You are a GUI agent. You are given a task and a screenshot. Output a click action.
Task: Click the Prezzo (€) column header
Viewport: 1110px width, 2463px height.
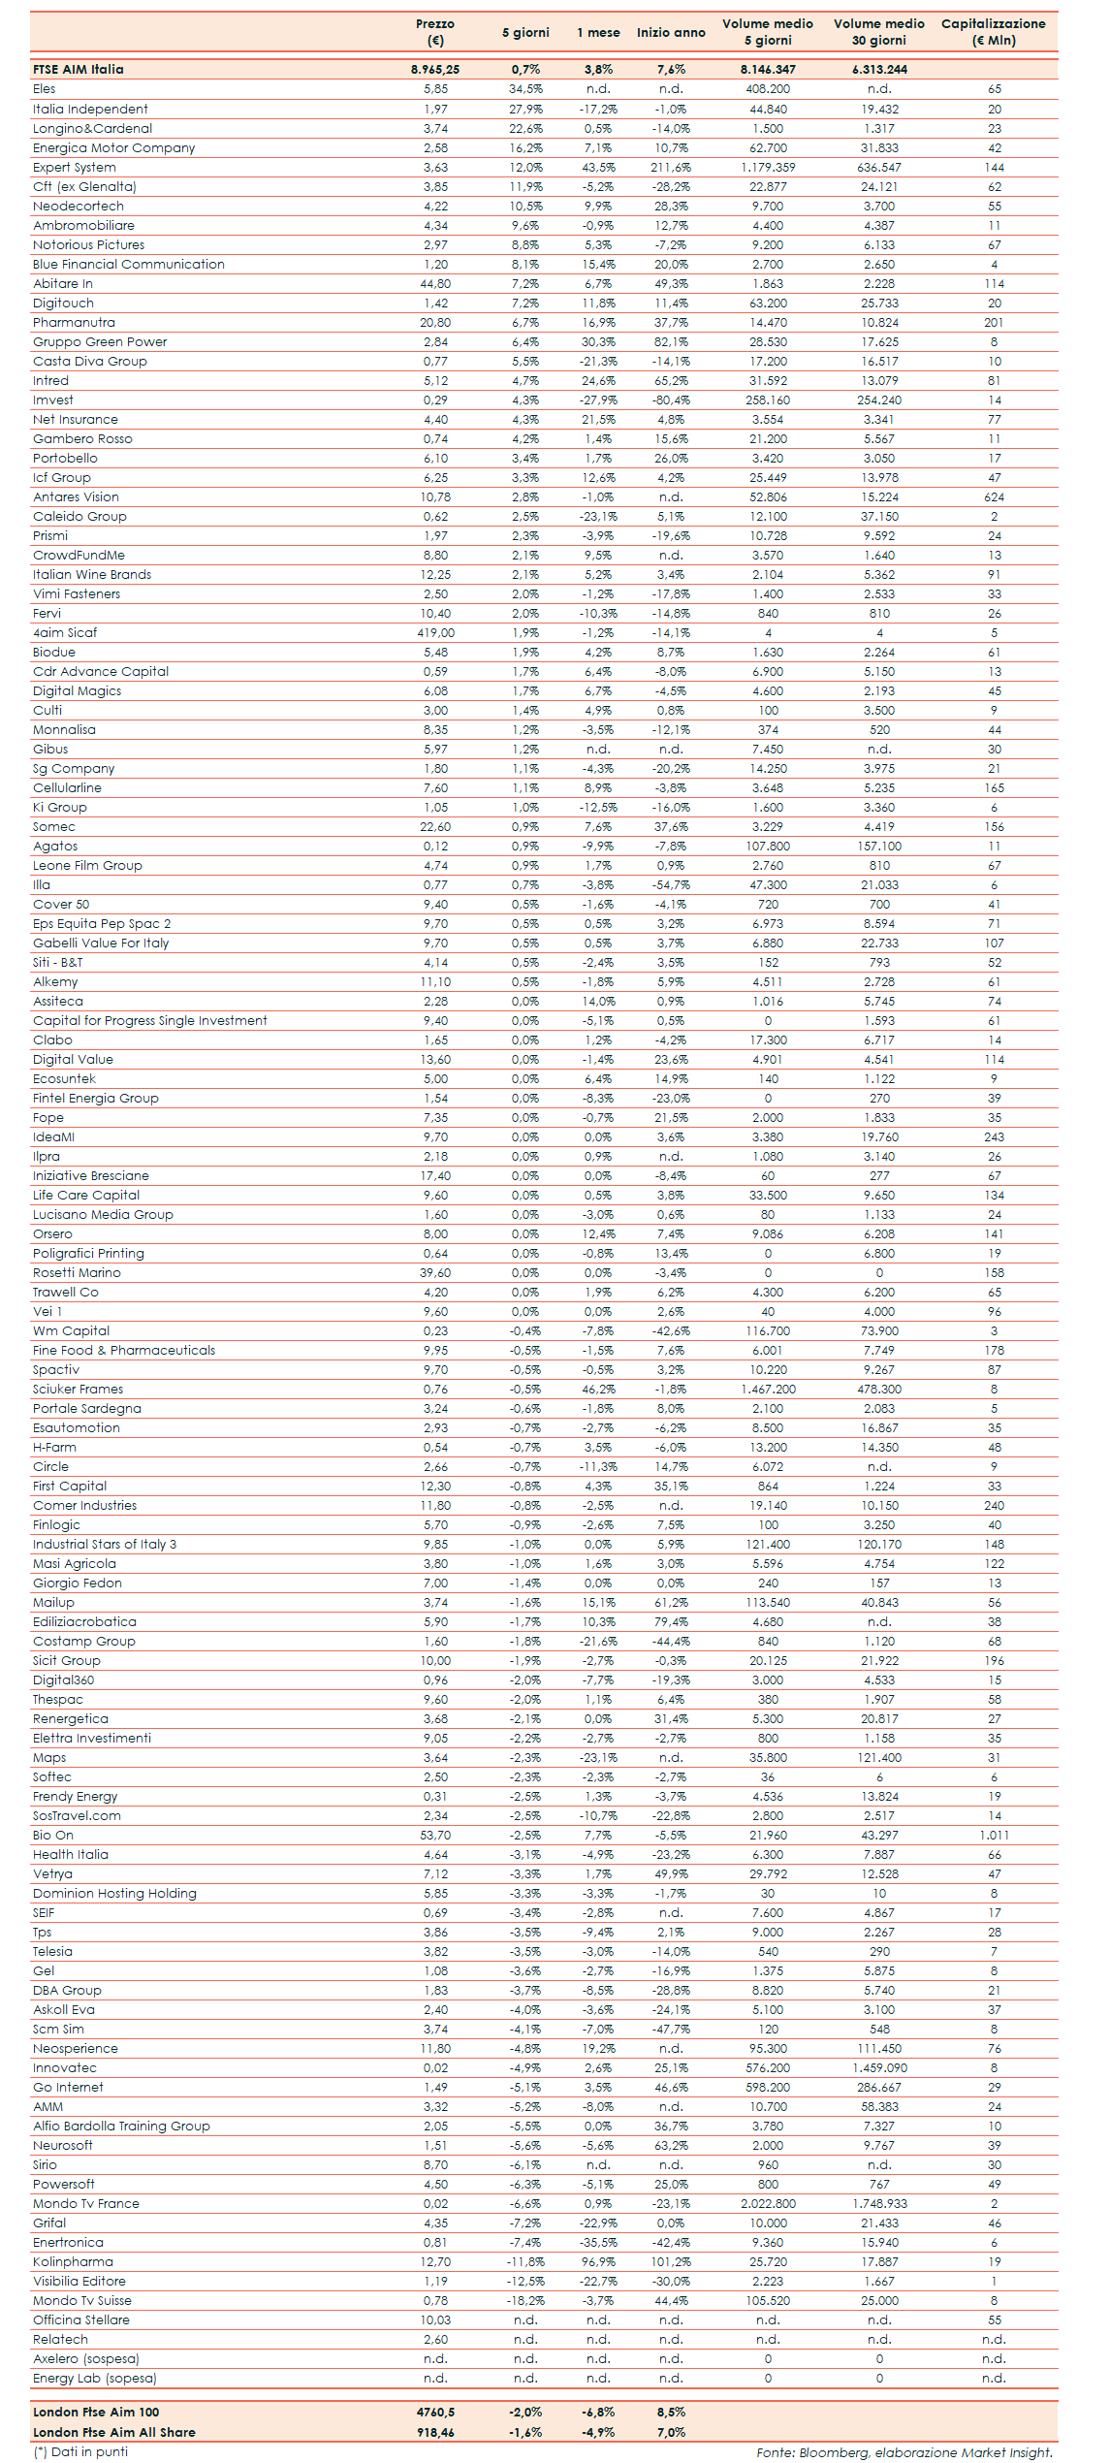[435, 32]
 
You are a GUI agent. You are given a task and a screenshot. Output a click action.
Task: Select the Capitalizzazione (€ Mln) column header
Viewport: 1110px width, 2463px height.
[993, 32]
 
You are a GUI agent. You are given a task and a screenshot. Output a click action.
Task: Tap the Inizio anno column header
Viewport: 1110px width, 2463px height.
[671, 33]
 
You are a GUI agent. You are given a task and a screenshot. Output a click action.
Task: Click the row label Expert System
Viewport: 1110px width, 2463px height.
[75, 167]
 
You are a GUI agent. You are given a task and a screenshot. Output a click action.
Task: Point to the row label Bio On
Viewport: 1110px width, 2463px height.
[53, 1835]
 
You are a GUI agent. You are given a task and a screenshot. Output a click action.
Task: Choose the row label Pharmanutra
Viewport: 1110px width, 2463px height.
[74, 322]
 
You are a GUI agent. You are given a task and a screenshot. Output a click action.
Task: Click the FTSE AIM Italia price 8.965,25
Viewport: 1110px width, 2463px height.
[435, 70]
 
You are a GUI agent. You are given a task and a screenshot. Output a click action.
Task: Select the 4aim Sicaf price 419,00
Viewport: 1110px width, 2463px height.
[435, 632]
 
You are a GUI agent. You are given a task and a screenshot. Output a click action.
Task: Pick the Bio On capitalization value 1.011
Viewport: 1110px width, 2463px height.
[994, 1835]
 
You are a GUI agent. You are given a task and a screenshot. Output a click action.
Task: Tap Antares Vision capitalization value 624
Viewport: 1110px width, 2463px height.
[994, 496]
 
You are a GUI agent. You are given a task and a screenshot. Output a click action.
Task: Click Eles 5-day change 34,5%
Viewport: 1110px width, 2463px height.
[525, 89]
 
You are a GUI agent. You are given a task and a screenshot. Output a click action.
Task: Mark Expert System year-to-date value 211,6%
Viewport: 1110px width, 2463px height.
[671, 167]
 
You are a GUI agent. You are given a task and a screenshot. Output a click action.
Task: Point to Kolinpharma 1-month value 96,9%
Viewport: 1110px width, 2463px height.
[598, 2261]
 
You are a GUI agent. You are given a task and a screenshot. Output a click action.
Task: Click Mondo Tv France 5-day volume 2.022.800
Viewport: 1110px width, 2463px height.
[768, 2203]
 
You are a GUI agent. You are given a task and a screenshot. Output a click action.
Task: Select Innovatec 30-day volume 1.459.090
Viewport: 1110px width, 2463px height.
[879, 2067]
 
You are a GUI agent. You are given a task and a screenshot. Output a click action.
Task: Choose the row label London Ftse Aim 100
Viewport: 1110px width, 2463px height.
[96, 2412]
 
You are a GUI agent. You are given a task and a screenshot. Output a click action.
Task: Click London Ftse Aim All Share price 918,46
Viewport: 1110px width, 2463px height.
[435, 2432]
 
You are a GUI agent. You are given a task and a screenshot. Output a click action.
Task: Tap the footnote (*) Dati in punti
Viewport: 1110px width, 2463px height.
[80, 2451]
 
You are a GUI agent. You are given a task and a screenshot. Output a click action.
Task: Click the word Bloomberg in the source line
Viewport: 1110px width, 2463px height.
[834, 2452]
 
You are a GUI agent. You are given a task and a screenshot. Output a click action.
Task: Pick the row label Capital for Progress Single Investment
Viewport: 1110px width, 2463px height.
[150, 1020]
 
